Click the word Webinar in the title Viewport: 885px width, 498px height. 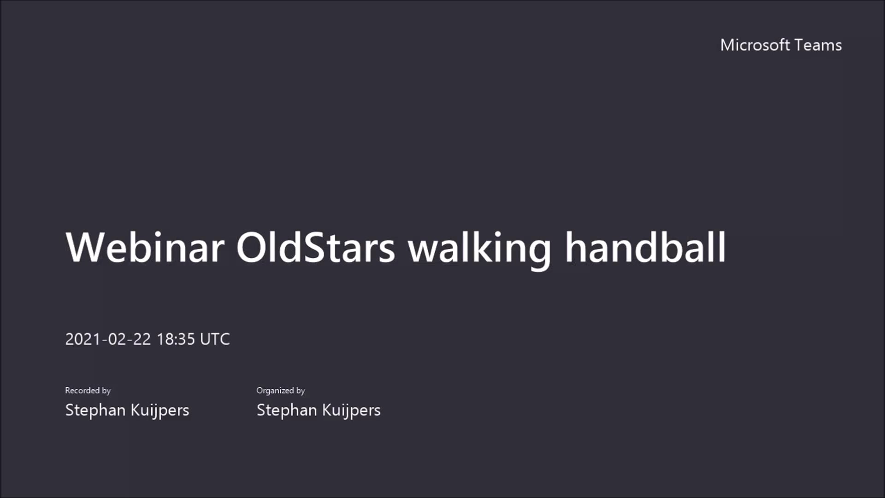pyautogui.click(x=145, y=248)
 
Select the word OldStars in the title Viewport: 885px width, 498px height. pyautogui.click(x=315, y=248)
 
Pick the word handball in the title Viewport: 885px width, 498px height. pyautogui.click(x=645, y=248)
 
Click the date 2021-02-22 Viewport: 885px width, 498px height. pyautogui.click(x=108, y=339)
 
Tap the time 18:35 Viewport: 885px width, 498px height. pyautogui.click(x=176, y=339)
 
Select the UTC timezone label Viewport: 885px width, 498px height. pyautogui.click(x=215, y=339)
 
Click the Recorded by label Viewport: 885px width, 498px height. pyautogui.click(x=88, y=391)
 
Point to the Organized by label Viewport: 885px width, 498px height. pyautogui.click(x=281, y=391)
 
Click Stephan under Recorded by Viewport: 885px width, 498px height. pyautogui.click(x=95, y=410)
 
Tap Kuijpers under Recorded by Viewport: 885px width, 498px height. pyautogui.click(x=160, y=410)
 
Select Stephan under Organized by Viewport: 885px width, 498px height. pyautogui.click(x=286, y=410)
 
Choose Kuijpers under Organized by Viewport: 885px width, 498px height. pyautogui.click(x=351, y=410)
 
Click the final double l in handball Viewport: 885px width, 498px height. pyautogui.click(x=718, y=247)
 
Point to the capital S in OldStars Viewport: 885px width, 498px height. pyautogui.click(x=313, y=248)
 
